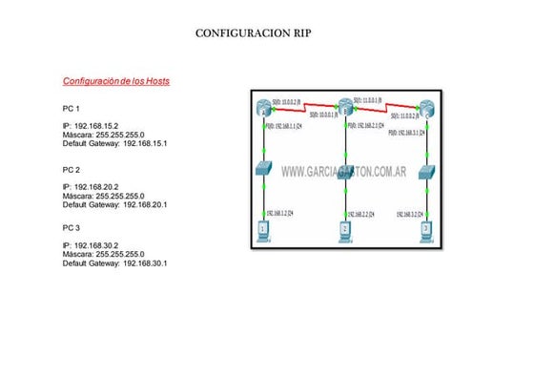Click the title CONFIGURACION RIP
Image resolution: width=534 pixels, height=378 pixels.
coord(253,32)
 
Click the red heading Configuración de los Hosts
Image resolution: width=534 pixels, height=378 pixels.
coord(116,81)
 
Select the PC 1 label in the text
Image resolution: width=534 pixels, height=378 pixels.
coord(72,109)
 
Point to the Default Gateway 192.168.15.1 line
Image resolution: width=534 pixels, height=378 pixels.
coord(114,143)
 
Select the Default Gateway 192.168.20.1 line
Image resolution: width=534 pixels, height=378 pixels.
coord(114,204)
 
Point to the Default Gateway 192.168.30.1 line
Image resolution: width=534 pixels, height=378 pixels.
coord(114,262)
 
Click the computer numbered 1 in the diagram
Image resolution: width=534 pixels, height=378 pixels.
coord(264,229)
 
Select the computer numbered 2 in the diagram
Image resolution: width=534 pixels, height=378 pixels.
coord(346,229)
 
